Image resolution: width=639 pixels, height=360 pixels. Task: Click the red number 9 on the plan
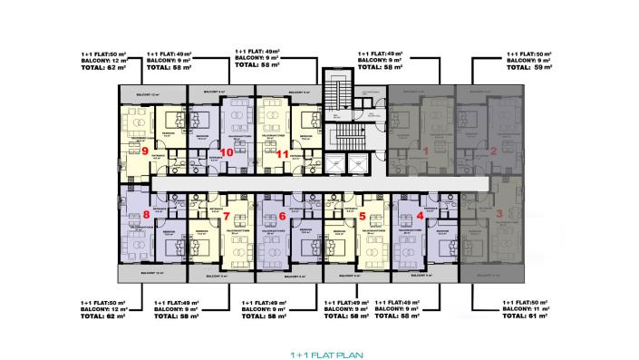145,151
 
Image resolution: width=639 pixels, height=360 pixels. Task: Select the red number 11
283,154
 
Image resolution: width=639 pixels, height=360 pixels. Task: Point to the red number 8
146,215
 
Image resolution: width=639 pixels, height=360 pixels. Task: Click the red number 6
283,216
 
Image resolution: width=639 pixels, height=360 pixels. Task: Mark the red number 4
420,216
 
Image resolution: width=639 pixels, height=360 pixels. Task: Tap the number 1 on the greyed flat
426,151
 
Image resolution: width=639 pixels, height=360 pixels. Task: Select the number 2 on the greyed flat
493,151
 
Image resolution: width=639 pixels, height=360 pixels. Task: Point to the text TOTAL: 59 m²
536,68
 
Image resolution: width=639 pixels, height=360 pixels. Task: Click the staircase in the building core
342,118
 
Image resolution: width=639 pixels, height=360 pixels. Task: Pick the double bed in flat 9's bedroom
174,119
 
